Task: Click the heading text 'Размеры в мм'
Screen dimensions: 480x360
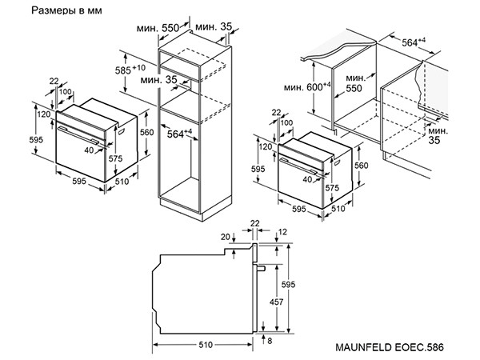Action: pos(66,10)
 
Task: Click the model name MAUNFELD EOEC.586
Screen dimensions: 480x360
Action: pos(390,347)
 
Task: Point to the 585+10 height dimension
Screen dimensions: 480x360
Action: pos(130,70)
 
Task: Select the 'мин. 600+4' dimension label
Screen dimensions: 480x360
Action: pos(307,87)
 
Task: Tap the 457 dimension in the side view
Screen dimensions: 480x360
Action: pos(276,302)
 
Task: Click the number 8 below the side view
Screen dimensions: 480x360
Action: pos(270,341)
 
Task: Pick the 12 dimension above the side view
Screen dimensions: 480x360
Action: pos(283,232)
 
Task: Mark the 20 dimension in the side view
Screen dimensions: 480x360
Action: pos(226,237)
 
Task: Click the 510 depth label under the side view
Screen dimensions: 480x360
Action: pos(206,345)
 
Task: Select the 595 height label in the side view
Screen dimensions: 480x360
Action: pos(288,285)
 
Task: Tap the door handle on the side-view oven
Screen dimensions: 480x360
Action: pos(261,269)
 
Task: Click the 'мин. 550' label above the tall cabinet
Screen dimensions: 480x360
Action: pos(158,28)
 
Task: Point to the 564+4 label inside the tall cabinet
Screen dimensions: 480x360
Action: pos(179,134)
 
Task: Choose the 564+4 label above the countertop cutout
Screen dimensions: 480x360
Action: pos(414,42)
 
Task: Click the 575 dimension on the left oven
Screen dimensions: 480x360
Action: pos(115,158)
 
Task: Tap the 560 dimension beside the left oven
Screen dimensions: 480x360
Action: pos(147,132)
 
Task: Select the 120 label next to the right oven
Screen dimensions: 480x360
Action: pos(266,146)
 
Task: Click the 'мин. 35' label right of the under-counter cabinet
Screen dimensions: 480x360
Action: pos(438,136)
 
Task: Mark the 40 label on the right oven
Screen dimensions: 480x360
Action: pos(307,179)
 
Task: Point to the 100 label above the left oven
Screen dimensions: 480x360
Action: pos(65,91)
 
